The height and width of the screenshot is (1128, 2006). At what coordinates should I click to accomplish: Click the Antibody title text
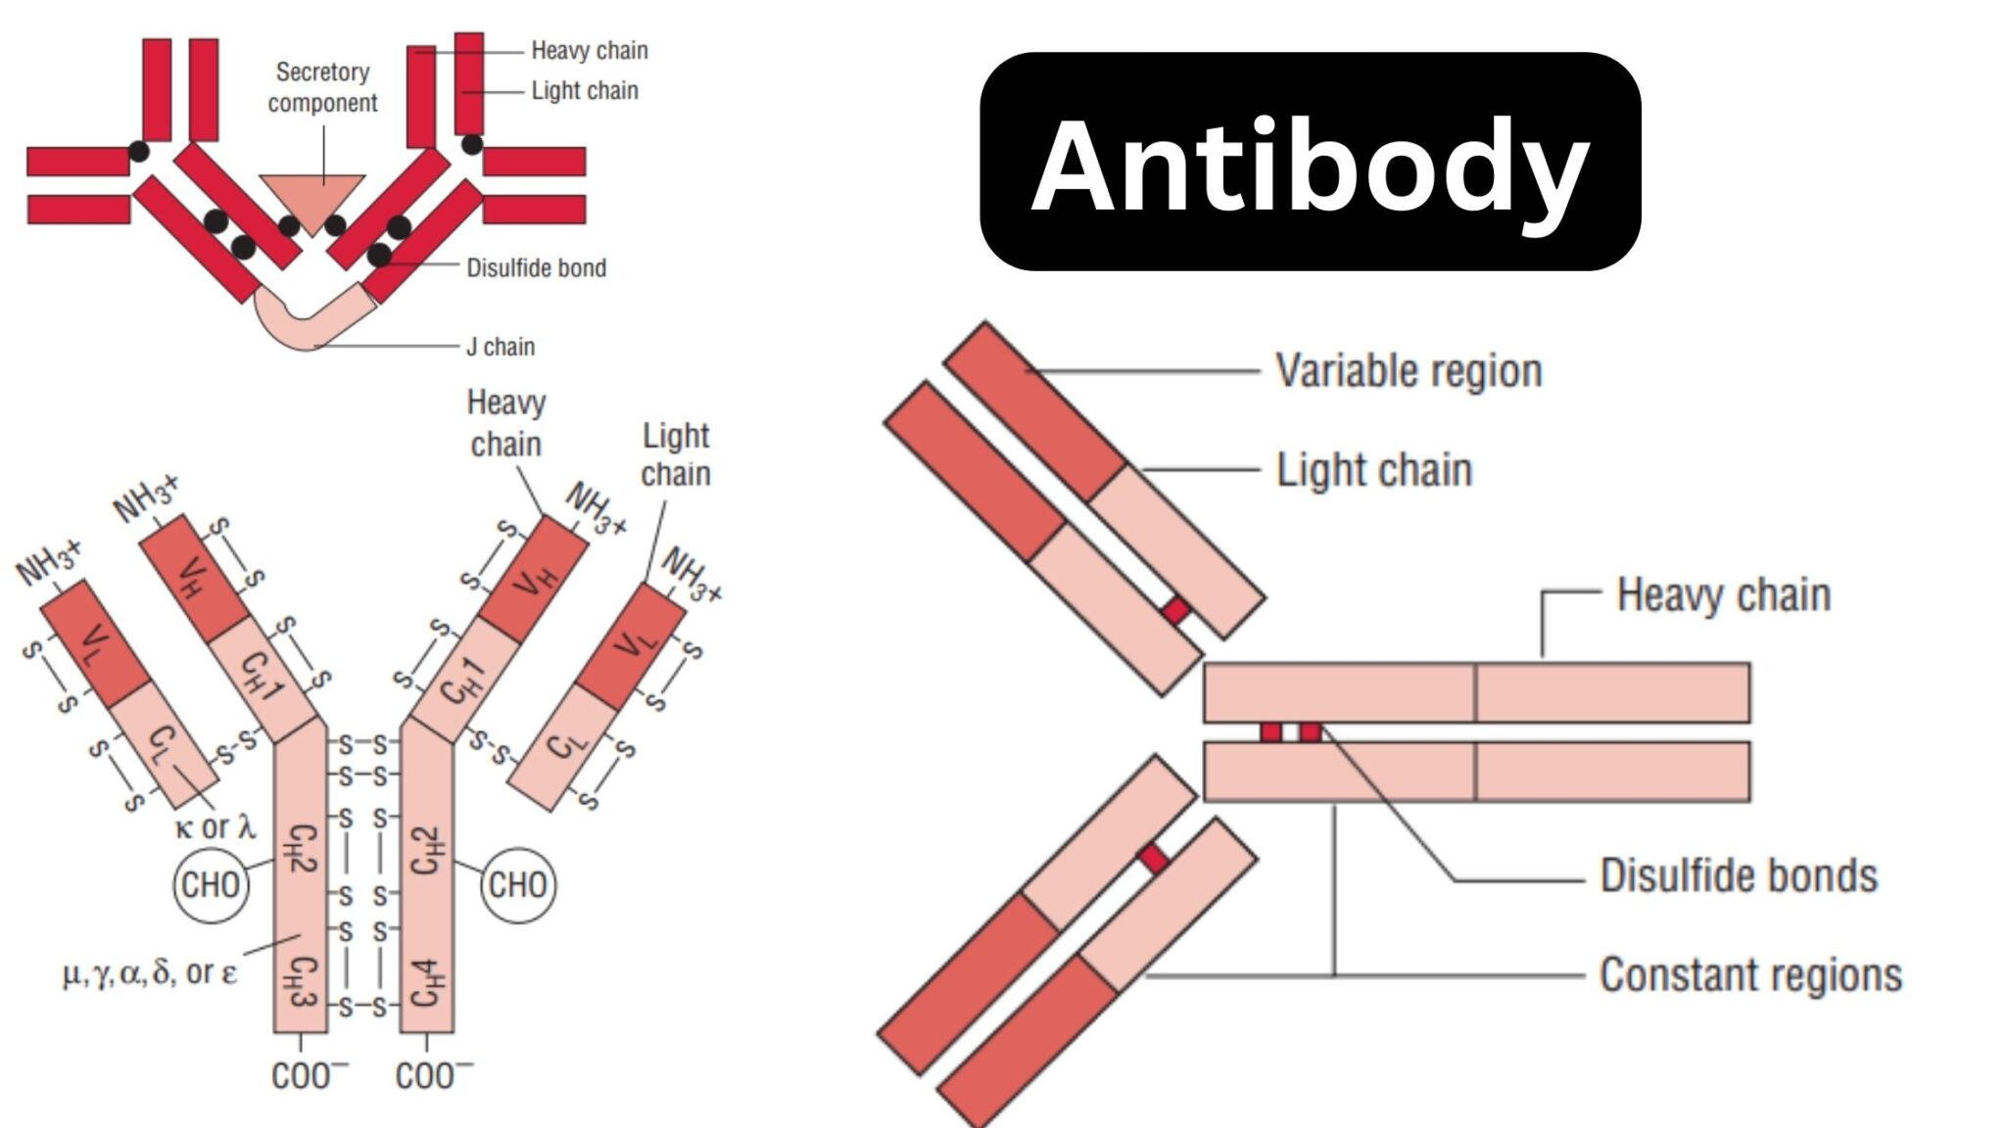tap(1310, 164)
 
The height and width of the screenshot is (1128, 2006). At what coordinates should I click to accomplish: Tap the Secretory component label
tap(322, 87)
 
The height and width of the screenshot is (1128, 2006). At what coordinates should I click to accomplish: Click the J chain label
tap(501, 347)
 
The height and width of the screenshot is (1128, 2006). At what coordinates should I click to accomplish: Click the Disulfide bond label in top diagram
tap(536, 268)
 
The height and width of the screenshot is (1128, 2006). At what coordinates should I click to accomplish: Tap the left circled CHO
tap(211, 884)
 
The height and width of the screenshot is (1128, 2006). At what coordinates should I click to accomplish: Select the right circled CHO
tap(517, 884)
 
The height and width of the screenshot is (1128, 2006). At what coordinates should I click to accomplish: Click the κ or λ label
tap(215, 827)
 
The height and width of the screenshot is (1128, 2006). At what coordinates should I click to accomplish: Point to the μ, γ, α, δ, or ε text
tap(149, 973)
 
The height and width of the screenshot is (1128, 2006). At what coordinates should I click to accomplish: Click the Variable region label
tap(1409, 371)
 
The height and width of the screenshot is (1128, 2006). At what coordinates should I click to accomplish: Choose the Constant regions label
tap(1750, 975)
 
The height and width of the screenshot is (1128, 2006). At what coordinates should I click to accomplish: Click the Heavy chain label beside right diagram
tap(1723, 595)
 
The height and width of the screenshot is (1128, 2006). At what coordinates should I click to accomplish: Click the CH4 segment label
tap(428, 984)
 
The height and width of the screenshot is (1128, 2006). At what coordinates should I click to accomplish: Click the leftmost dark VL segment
tap(95, 642)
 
